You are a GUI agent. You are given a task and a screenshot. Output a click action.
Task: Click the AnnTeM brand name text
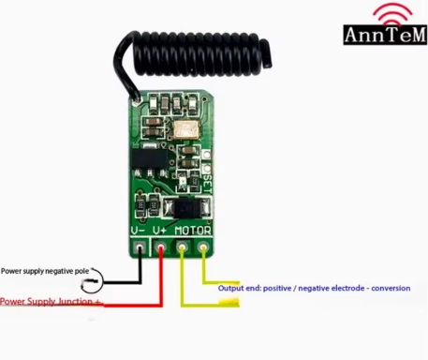[386, 36]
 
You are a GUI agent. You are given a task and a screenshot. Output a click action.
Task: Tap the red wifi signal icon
[392, 13]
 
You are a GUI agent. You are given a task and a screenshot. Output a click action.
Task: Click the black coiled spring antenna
[197, 56]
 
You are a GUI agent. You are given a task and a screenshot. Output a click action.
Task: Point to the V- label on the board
[139, 230]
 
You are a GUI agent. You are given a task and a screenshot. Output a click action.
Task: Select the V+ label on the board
[160, 230]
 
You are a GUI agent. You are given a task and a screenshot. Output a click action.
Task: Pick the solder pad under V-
[140, 248]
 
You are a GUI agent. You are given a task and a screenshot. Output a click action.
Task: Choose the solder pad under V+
[161, 248]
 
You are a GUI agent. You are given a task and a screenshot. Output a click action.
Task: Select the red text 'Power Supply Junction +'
[50, 302]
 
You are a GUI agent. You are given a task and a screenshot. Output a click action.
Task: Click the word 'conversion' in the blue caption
[391, 288]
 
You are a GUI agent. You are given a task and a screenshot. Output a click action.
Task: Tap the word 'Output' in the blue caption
[232, 288]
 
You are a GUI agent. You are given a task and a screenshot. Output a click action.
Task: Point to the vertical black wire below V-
[140, 266]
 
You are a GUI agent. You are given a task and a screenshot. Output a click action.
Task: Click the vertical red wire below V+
[161, 277]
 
